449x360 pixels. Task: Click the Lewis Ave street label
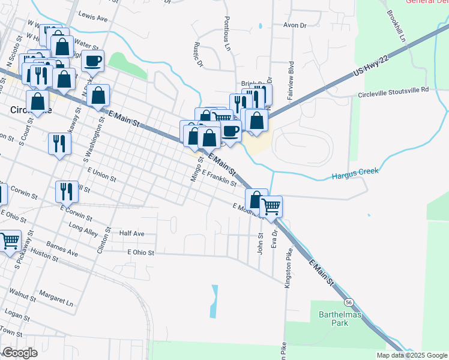point(93,19)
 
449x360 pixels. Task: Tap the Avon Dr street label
point(295,26)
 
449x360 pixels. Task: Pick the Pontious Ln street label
point(227,33)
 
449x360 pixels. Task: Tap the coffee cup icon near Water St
point(93,61)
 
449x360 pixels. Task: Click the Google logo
point(20,353)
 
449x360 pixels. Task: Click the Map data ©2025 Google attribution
point(411,355)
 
